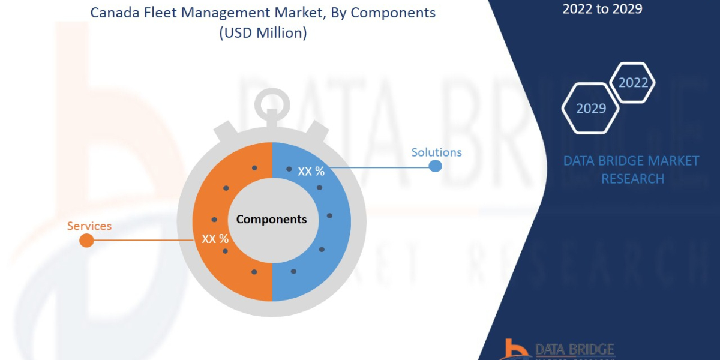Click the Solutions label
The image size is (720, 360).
pyautogui.click(x=436, y=152)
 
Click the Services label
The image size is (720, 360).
pyautogui.click(x=89, y=226)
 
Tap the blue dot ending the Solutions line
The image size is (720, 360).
pyautogui.click(x=436, y=166)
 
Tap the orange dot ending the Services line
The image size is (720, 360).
pyautogui.click(x=86, y=241)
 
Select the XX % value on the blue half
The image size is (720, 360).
pyautogui.click(x=311, y=172)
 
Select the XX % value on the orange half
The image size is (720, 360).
pyautogui.click(x=215, y=239)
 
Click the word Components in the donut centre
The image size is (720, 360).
pyautogui.click(x=271, y=219)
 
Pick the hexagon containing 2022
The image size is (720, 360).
pyautogui.click(x=632, y=82)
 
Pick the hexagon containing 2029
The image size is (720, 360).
pyautogui.click(x=590, y=109)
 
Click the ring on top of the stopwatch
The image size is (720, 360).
pyautogui.click(x=272, y=103)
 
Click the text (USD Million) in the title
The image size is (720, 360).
pyautogui.click(x=263, y=33)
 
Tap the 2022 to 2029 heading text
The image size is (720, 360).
pyautogui.click(x=602, y=9)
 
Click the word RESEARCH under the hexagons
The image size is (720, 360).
pyautogui.click(x=632, y=179)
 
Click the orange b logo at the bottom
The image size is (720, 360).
pyautogui.click(x=514, y=350)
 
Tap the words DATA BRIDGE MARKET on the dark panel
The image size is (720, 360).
pyautogui.click(x=631, y=161)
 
